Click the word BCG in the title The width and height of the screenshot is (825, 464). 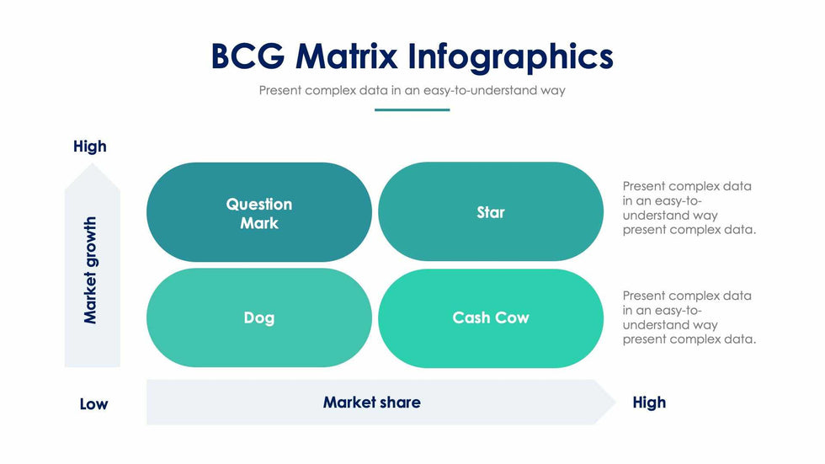pos(247,56)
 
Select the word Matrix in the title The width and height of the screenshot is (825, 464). pos(346,56)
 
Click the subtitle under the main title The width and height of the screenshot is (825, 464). pos(412,90)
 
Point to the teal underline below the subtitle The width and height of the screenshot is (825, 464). pos(412,110)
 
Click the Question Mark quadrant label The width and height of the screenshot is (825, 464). pos(259,214)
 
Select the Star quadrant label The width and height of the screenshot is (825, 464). pos(490,212)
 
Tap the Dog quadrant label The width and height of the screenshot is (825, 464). pos(259,318)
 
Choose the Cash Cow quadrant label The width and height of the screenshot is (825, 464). pos(490,317)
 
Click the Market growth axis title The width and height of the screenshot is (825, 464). pos(91,270)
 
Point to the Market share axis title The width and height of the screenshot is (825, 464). pos(371,403)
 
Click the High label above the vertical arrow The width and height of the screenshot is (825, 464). pos(90,147)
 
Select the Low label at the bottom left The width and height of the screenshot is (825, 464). pos(93,404)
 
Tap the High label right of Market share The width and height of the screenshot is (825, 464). pos(649,403)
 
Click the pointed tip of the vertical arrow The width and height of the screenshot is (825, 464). pos(92,163)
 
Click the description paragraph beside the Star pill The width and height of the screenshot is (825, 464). pos(689,208)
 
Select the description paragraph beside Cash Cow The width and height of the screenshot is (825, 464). pos(689,317)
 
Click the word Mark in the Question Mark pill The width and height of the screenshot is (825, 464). pos(259,223)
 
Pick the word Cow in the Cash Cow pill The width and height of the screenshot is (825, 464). pos(512,317)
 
